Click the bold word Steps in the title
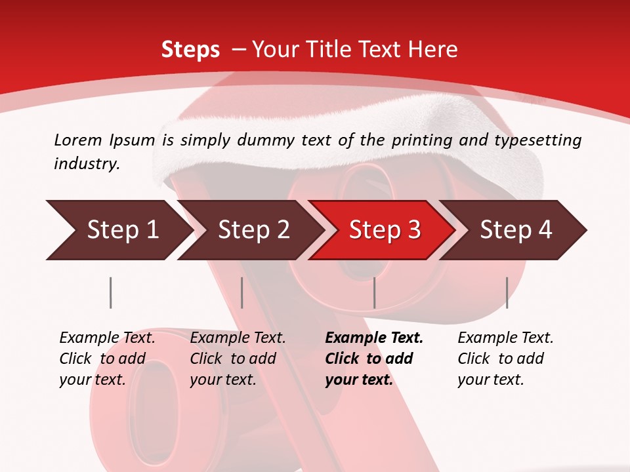[x=190, y=49]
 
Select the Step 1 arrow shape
[x=118, y=229]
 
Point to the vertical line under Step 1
[x=111, y=292]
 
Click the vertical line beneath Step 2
[x=242, y=292]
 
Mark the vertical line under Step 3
[x=374, y=292]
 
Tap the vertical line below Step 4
[x=507, y=292]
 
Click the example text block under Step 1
[x=107, y=359]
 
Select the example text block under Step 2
[x=238, y=359]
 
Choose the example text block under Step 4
[x=505, y=359]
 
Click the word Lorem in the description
[x=78, y=140]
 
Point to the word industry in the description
[x=87, y=164]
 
